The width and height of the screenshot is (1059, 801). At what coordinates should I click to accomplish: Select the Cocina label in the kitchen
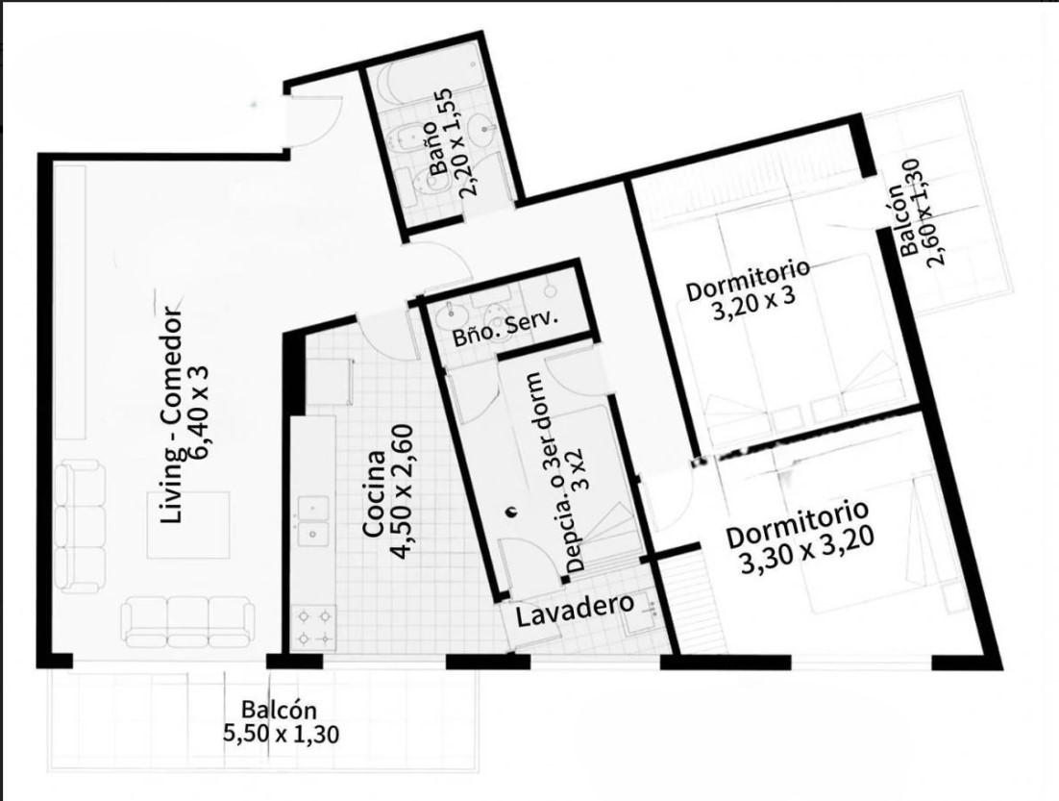coord(375,494)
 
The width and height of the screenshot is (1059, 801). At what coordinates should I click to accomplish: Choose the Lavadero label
coord(576,609)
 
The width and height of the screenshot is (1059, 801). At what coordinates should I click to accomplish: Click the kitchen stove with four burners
coord(314,627)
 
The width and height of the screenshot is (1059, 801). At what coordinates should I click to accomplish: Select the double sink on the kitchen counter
coord(314,521)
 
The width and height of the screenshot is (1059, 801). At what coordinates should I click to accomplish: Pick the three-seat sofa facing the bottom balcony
coord(188,621)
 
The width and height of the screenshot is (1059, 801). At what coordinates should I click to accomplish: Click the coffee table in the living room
coord(189,524)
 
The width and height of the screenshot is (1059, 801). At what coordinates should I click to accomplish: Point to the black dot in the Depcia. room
coord(511,511)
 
